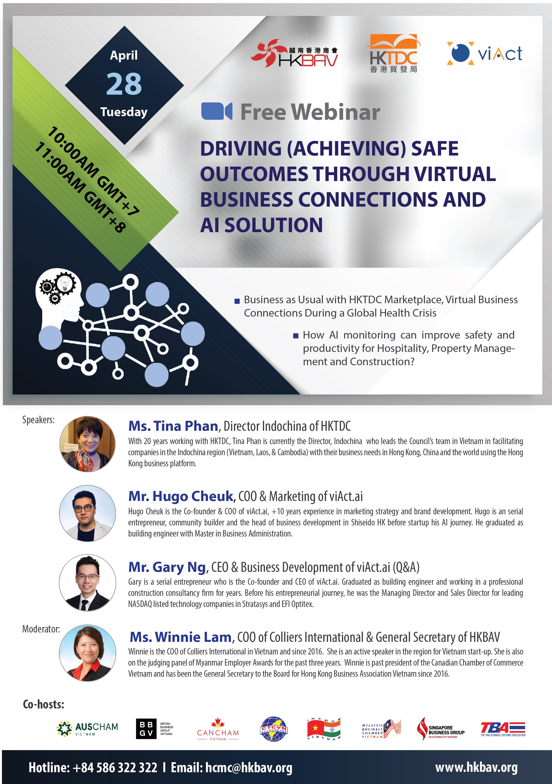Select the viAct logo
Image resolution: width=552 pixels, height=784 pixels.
point(484,54)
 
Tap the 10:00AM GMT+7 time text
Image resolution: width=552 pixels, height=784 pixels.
point(93,171)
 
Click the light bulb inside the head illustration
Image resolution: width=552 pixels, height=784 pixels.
point(65,282)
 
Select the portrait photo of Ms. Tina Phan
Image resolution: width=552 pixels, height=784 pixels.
point(88,444)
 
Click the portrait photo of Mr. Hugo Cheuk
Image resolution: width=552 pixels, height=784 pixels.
point(88,513)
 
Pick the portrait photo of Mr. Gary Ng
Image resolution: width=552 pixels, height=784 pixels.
point(88,583)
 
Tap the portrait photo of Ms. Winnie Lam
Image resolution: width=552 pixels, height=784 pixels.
point(88,653)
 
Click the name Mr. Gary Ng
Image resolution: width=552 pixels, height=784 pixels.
point(167,567)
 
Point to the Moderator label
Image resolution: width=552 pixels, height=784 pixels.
point(41,629)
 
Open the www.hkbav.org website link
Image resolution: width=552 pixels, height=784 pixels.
point(476,767)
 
